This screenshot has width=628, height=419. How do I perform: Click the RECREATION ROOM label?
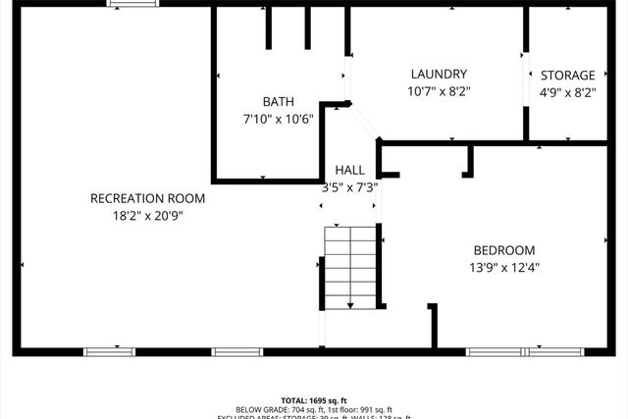click(x=147, y=198)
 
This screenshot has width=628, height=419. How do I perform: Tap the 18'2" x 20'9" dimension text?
click(x=147, y=215)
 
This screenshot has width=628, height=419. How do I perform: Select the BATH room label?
click(x=278, y=101)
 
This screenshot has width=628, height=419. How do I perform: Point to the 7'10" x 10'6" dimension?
click(x=278, y=118)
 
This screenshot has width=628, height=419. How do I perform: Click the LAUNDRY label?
click(x=439, y=74)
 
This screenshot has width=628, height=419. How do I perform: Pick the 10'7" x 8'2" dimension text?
click(x=439, y=90)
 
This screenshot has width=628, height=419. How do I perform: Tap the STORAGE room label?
click(x=568, y=75)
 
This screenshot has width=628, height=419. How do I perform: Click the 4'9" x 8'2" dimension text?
click(x=568, y=91)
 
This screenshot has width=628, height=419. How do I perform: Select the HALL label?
click(x=350, y=170)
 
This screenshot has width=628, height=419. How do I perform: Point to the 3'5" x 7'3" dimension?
click(x=350, y=186)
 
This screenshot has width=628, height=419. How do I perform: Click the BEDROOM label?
click(x=504, y=249)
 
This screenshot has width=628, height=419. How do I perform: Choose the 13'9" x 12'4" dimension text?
click(x=504, y=266)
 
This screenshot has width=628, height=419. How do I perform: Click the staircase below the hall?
click(x=351, y=266)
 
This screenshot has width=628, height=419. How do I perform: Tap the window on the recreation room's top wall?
click(x=132, y=4)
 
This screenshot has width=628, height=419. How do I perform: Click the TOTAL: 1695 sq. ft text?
click(x=313, y=400)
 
